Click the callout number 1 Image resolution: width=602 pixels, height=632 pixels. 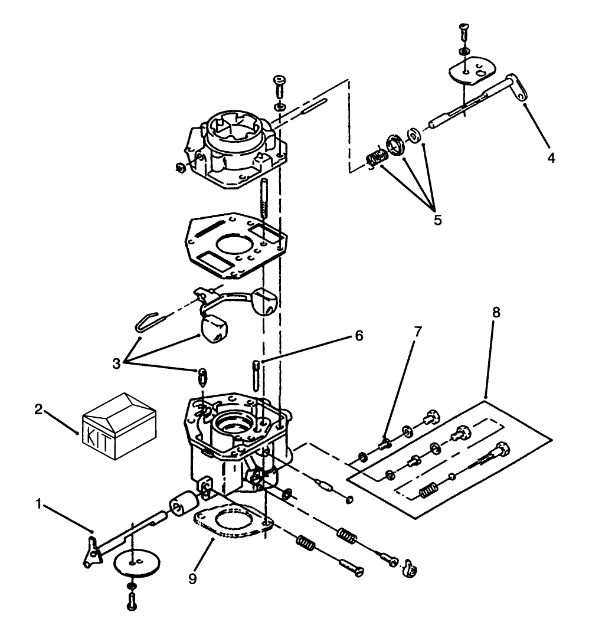tap(39, 504)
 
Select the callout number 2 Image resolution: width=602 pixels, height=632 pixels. tap(38, 410)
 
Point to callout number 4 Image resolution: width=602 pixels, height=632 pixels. tap(550, 158)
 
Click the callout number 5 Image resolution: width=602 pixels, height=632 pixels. tap(437, 220)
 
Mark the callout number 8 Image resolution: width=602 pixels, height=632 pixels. tap(496, 313)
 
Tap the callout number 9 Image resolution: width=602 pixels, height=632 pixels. tap(192, 578)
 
